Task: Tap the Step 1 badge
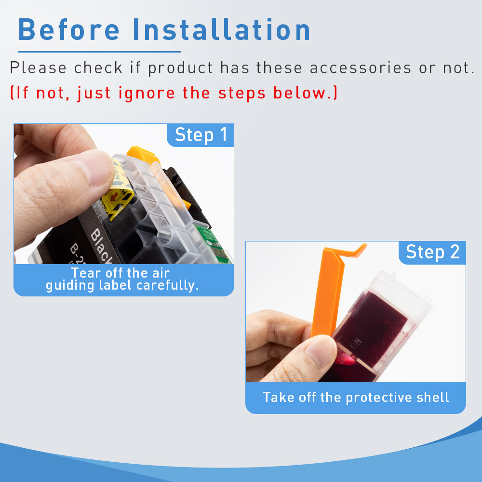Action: coord(201,135)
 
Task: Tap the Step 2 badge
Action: coord(432,252)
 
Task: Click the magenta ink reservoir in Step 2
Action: coord(366,333)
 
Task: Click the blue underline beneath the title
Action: coord(99,51)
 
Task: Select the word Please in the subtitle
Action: coord(38,68)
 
